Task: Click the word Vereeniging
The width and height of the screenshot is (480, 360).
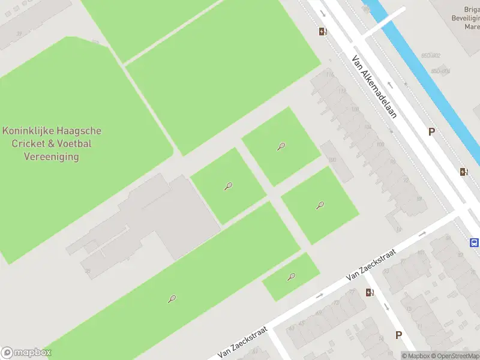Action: click(51, 157)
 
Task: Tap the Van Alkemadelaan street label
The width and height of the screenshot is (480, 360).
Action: click(374, 87)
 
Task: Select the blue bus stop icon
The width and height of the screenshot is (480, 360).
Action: click(474, 243)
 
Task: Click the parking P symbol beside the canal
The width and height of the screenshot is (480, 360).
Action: click(431, 132)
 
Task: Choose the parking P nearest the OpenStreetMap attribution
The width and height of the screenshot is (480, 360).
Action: click(398, 335)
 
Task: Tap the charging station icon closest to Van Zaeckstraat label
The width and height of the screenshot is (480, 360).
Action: click(370, 292)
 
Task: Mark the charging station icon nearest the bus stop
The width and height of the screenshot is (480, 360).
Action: click(464, 172)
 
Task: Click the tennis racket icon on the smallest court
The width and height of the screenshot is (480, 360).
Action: click(292, 277)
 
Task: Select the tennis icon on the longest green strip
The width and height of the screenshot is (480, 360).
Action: click(172, 298)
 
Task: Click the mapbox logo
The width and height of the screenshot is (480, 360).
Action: click(25, 353)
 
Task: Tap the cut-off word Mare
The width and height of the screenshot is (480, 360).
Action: click(472, 27)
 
